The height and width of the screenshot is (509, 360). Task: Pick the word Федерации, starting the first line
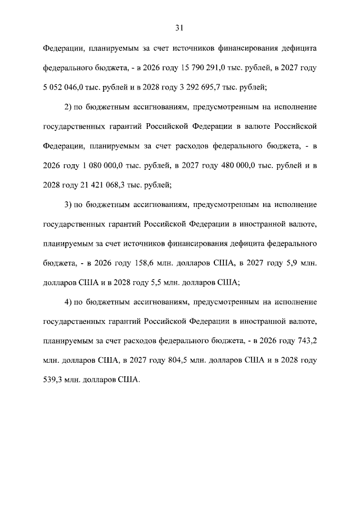pyautogui.click(x=64, y=48)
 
